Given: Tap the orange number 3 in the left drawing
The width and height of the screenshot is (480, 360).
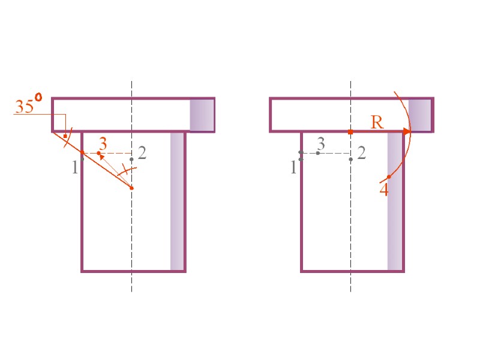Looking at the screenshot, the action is pos(103,143).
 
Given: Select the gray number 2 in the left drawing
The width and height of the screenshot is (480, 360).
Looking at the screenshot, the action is pos(142,152).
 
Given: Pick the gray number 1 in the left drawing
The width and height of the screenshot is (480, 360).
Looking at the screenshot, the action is pos(74,167).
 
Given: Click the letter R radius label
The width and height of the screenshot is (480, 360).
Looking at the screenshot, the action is pos(377,122).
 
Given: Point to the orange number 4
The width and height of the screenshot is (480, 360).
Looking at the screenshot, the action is pos(384,190).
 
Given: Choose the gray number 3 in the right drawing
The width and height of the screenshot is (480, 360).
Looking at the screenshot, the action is pos(321,143).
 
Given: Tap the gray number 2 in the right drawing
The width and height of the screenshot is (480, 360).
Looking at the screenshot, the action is pos(361,152).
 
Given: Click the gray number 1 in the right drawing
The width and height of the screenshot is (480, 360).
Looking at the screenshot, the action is pos(293,167).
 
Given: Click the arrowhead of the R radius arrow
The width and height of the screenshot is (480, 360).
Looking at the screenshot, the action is pos(407,131).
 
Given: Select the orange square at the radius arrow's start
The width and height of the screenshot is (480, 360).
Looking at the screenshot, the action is pos(350,131).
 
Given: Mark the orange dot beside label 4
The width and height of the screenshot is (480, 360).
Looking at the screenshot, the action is pos(389,176).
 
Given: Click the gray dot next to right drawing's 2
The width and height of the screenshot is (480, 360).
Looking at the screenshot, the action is pos(350,159).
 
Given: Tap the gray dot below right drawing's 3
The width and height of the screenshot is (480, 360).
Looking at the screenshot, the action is pos(318,153).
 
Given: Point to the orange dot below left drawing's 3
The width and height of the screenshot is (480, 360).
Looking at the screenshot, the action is pos(99,153).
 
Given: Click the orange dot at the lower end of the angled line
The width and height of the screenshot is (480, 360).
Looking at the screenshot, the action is pos(132,188).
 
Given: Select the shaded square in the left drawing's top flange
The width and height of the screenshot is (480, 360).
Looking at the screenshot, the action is pos(202,115).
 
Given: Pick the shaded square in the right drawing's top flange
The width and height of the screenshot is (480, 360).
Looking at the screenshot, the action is pos(420,115).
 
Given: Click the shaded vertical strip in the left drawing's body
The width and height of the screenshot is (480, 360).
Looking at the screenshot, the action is pos(177,201).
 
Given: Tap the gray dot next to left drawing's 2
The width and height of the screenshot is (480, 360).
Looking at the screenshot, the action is pos(132,159).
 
